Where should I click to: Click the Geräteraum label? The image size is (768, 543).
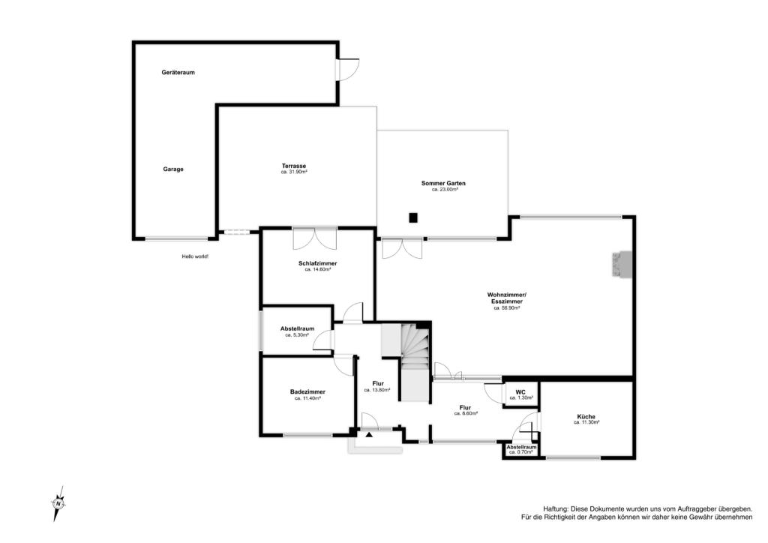(x=178, y=73)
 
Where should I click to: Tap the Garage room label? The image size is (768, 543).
(x=173, y=169)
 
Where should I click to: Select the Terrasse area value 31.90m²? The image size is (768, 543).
(x=294, y=172)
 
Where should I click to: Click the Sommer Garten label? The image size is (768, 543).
(x=444, y=183)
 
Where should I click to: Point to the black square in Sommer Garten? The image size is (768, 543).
(x=414, y=217)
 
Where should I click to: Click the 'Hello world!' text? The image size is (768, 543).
(x=195, y=256)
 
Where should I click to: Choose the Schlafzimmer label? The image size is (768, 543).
(x=318, y=263)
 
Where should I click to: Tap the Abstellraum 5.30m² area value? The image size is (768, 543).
(x=297, y=335)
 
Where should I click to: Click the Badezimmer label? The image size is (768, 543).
(x=307, y=391)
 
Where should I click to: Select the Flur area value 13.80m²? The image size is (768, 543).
(x=377, y=390)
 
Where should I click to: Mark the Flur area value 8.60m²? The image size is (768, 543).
(x=466, y=413)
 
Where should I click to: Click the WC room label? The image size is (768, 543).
(x=520, y=392)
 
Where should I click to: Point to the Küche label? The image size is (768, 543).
(x=586, y=417)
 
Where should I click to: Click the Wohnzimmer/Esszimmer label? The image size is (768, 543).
(x=507, y=298)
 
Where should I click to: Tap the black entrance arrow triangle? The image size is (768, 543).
(x=369, y=433)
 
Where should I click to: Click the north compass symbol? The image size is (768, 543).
(x=58, y=503)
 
